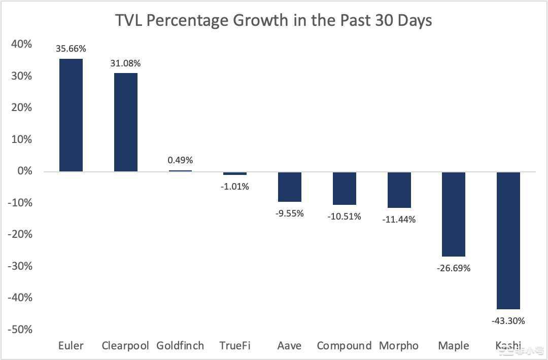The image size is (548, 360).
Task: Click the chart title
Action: click(x=273, y=21)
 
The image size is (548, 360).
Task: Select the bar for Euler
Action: click(x=71, y=115)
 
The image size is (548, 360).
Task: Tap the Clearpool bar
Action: click(x=125, y=122)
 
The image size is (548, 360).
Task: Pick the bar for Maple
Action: click(x=453, y=214)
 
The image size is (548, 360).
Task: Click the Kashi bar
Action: click(x=508, y=240)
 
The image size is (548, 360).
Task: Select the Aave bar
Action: click(x=290, y=187)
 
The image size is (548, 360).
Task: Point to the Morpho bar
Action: click(x=399, y=190)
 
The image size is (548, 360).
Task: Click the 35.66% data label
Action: click(x=71, y=49)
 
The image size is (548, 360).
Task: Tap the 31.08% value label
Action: click(x=125, y=64)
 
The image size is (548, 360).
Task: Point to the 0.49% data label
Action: click(x=180, y=160)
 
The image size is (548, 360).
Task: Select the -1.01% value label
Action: click(x=234, y=187)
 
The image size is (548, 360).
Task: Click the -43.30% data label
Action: click(x=508, y=320)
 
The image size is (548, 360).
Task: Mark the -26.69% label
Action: click(x=453, y=268)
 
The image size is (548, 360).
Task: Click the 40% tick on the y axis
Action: click(x=21, y=45)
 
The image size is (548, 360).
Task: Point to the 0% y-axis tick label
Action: click(x=25, y=171)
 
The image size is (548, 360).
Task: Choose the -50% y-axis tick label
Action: click(x=20, y=330)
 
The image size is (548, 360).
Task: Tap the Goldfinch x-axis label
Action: click(x=180, y=346)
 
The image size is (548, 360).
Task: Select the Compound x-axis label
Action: click(x=344, y=346)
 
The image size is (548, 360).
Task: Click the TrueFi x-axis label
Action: click(x=234, y=346)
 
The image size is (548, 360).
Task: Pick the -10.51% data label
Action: click(x=344, y=217)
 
